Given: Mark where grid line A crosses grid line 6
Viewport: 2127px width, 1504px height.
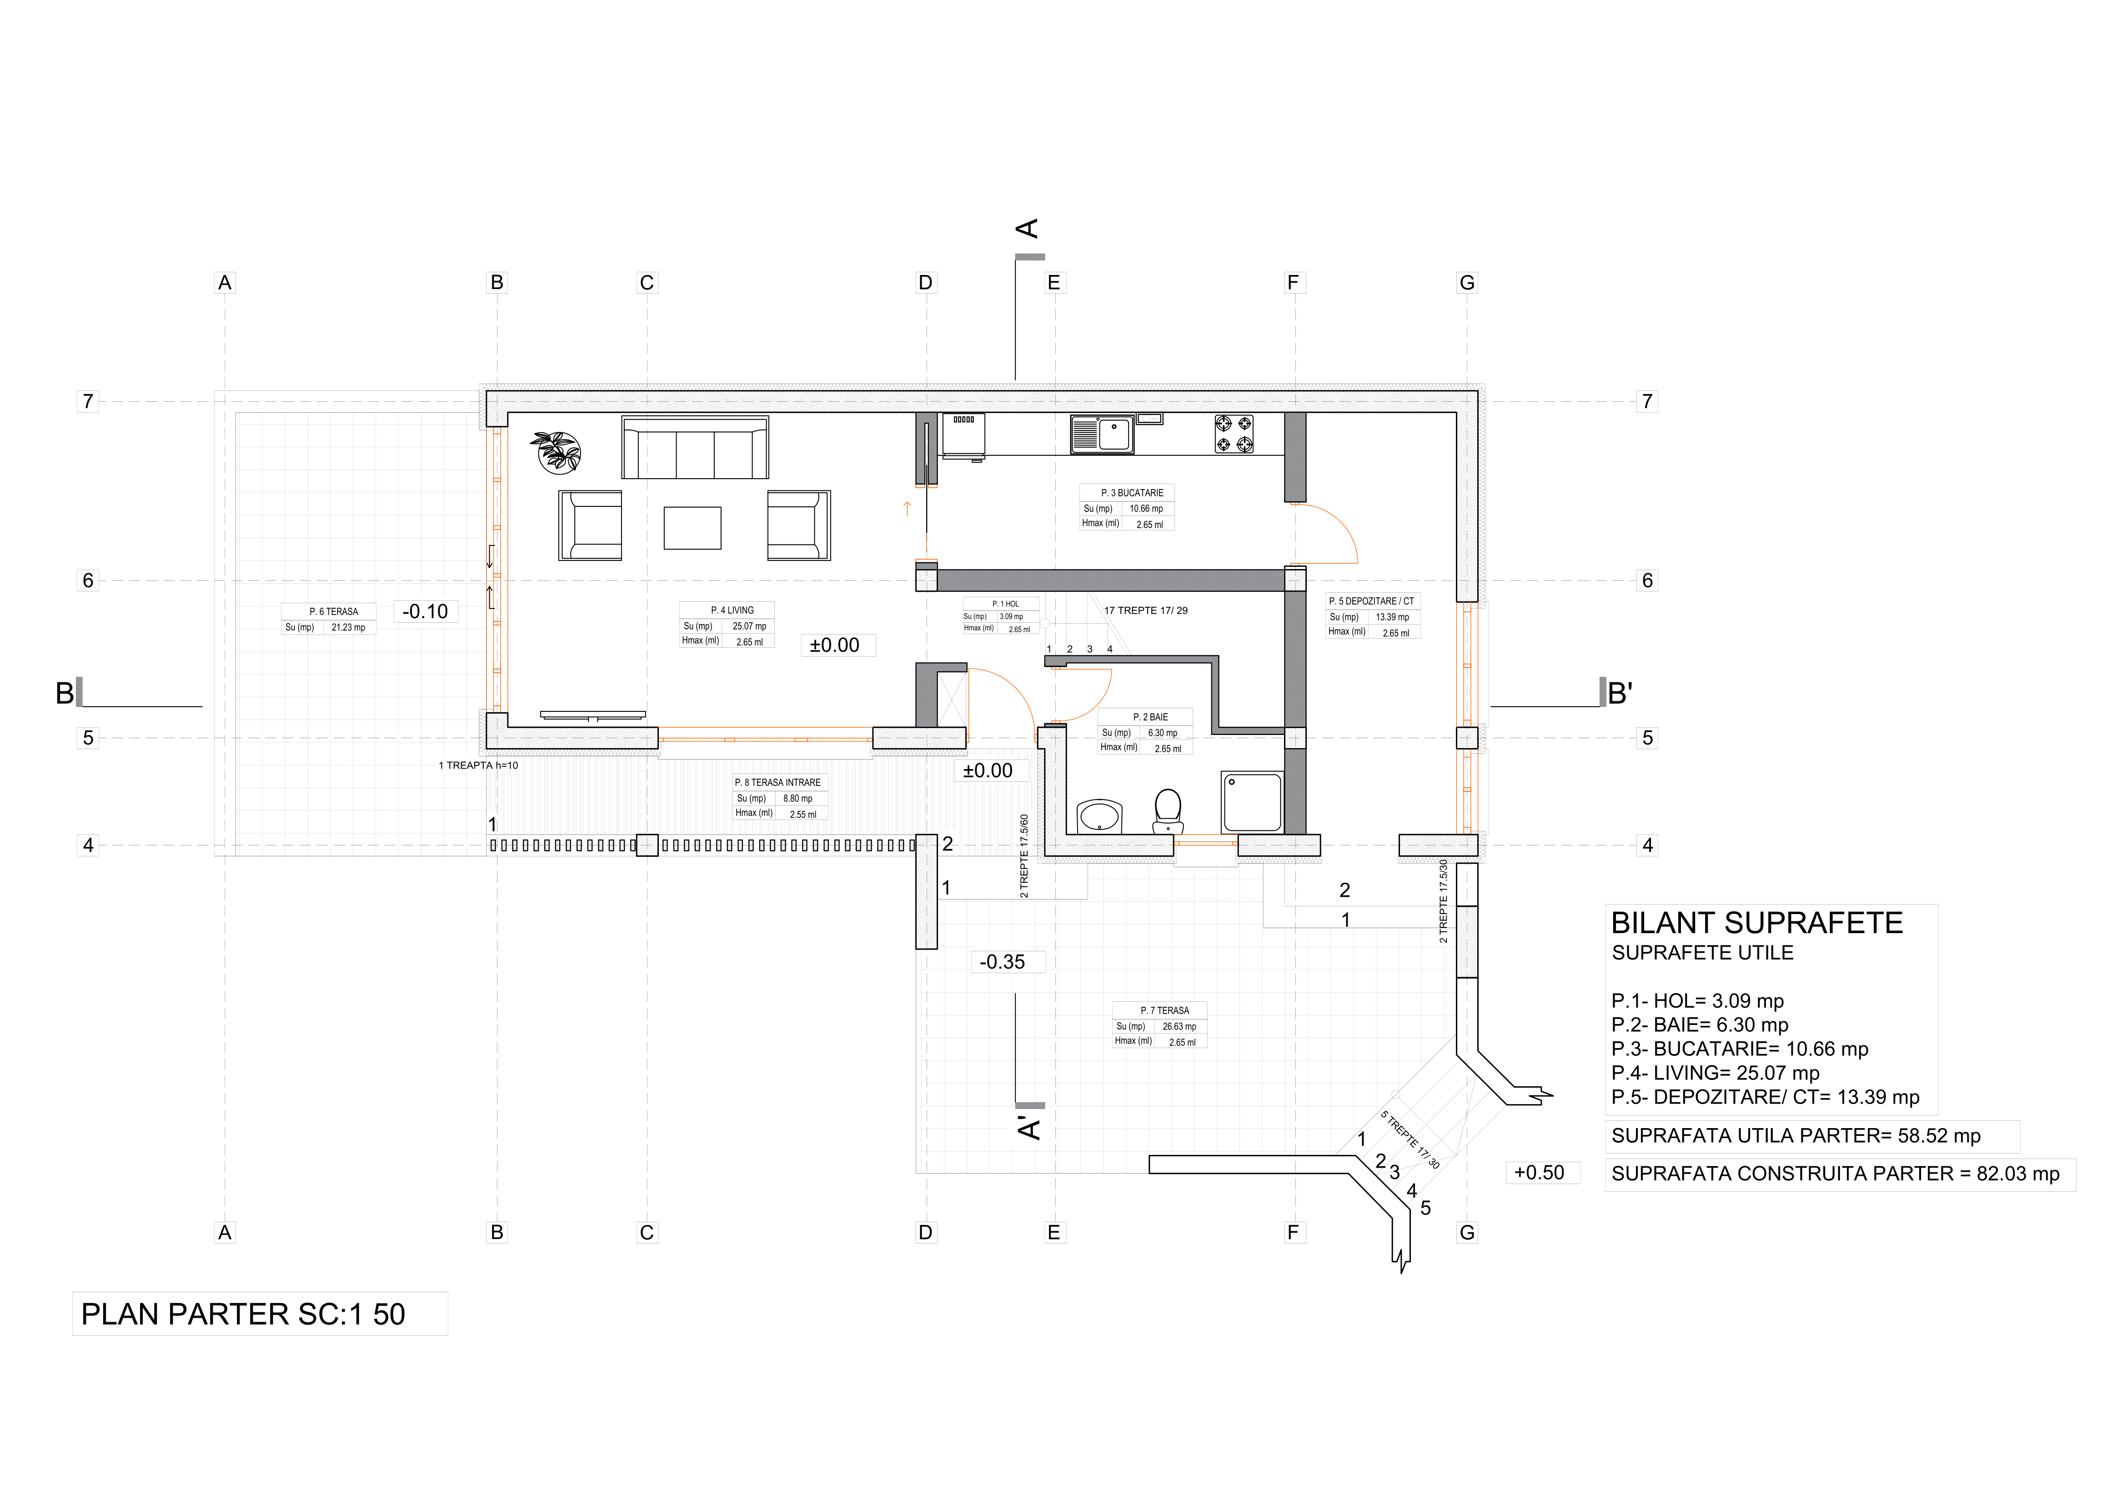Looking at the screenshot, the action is (225, 581).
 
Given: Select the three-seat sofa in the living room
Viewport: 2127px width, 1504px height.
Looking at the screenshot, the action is (695, 447).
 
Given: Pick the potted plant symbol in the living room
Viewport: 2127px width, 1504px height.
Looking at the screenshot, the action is (557, 452).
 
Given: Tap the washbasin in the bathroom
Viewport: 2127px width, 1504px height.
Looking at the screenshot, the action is (1099, 817).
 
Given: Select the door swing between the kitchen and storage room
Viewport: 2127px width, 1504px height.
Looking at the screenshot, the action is (1326, 534).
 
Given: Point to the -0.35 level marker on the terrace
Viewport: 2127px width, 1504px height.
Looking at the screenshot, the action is (1003, 962).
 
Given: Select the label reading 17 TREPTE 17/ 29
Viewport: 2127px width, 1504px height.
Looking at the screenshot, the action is (1146, 610).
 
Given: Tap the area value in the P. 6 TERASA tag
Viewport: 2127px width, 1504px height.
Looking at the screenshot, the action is (348, 628).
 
